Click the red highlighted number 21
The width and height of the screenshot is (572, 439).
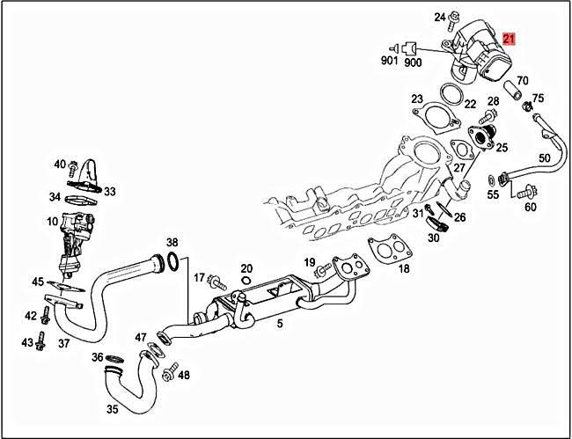pyautogui.click(x=510, y=39)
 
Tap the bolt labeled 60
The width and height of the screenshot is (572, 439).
pyautogui.click(x=527, y=190)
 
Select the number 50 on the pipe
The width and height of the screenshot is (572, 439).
pyautogui.click(x=544, y=158)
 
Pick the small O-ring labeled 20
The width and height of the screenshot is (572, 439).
pyautogui.click(x=246, y=282)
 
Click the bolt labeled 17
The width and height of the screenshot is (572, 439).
pyautogui.click(x=216, y=282)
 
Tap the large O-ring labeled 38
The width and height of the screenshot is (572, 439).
pyautogui.click(x=174, y=261)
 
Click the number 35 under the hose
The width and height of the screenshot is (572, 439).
pyautogui.click(x=113, y=409)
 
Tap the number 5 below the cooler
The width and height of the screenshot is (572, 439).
pyautogui.click(x=279, y=324)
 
